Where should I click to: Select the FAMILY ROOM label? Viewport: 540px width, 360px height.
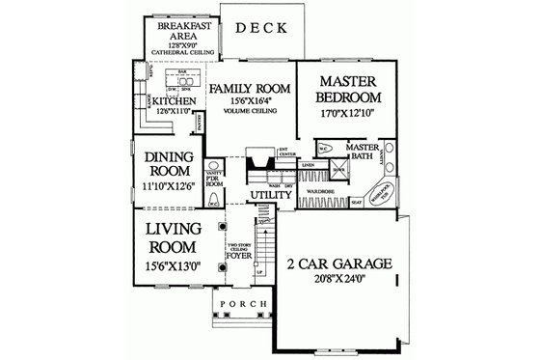pos(247,87)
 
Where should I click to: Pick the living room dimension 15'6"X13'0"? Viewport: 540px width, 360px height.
pos(173,263)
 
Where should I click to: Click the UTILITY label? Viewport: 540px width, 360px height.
pos(271,197)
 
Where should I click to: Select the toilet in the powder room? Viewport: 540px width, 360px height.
pos(214,204)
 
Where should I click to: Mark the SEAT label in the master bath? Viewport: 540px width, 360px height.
pos(357,202)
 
